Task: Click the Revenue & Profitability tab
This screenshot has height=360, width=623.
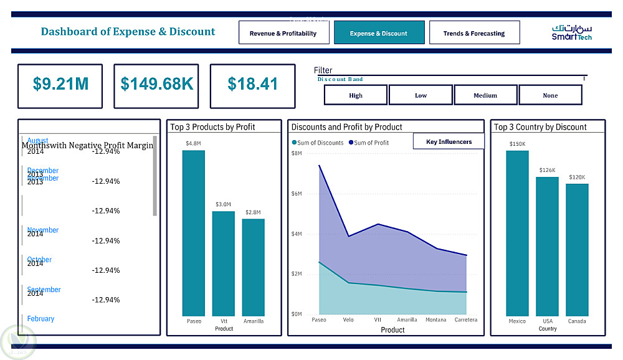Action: (283, 33)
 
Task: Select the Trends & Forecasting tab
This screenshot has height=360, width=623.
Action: (474, 33)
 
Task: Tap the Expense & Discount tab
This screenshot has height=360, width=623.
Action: (379, 33)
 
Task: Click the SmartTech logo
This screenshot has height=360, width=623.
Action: (571, 33)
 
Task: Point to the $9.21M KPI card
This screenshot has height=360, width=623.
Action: (60, 84)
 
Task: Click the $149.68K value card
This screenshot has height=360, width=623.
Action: (156, 84)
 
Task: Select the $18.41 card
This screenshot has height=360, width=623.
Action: (252, 84)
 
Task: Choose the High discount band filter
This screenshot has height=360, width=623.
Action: (356, 95)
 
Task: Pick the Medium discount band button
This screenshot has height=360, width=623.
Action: (485, 95)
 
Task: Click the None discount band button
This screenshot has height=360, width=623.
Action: (550, 95)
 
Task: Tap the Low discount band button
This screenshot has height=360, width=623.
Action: (421, 95)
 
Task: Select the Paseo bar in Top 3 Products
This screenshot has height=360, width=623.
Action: (194, 233)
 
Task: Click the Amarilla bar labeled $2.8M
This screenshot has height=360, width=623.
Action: (253, 267)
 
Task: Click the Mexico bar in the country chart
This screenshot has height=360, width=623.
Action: (517, 233)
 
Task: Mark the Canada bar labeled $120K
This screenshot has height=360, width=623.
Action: (577, 250)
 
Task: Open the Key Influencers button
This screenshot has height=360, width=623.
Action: (449, 141)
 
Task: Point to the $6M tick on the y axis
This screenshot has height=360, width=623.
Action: (297, 194)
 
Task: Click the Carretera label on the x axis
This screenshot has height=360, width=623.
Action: (466, 320)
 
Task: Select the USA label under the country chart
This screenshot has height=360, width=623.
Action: (548, 321)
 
